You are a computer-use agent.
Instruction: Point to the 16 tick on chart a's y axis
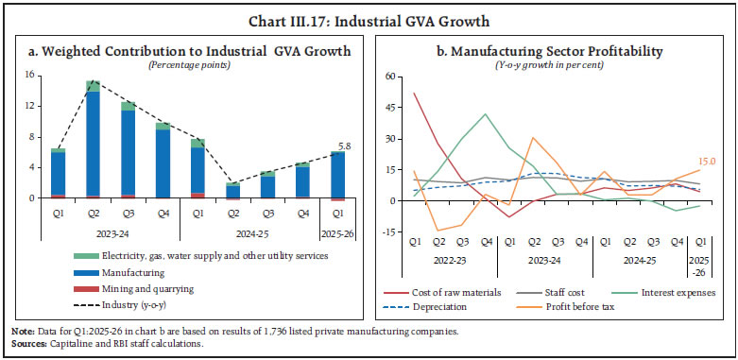[x=29, y=75]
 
